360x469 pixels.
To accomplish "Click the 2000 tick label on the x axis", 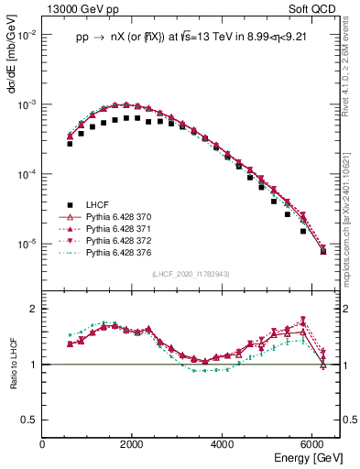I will [x=133, y=445].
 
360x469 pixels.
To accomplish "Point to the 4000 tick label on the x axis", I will [x=223, y=445].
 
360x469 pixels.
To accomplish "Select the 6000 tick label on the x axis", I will [x=313, y=445].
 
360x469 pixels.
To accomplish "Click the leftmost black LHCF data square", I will [x=70, y=144].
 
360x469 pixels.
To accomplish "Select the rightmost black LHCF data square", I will [x=322, y=250].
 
